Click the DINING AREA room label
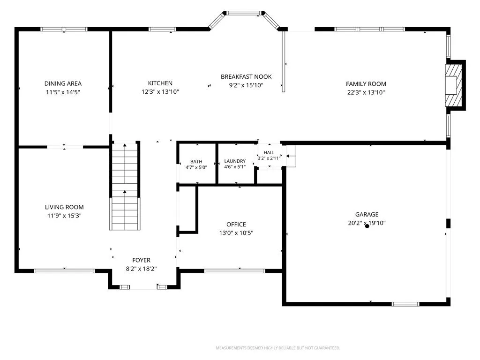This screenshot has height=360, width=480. pyautogui.click(x=63, y=83)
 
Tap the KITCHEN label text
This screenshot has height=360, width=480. pyautogui.click(x=160, y=83)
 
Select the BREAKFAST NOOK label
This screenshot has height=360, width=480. pyautogui.click(x=246, y=76)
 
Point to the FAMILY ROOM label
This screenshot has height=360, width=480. pyautogui.click(x=366, y=83)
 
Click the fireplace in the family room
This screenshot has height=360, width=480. pyautogui.click(x=455, y=85)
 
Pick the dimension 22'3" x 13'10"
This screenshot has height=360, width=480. pyautogui.click(x=366, y=92)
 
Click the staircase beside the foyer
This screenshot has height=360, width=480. pyautogui.click(x=125, y=186)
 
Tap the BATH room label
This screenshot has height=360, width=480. pyautogui.click(x=196, y=161)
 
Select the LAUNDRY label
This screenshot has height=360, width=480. pyautogui.click(x=235, y=161)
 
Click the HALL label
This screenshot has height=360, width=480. pyautogui.click(x=269, y=152)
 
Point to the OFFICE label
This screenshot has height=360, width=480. pyautogui.click(x=236, y=224)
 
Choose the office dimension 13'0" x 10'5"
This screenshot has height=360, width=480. pyautogui.click(x=236, y=232)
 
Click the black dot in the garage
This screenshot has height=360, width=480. pyautogui.click(x=367, y=226)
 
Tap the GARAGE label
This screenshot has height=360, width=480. pyautogui.click(x=367, y=214)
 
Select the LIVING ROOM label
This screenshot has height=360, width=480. pyautogui.click(x=64, y=207)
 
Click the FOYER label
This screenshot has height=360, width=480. pyautogui.click(x=141, y=260)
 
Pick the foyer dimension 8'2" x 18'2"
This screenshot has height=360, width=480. pyautogui.click(x=141, y=269)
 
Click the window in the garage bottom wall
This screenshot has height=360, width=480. pyautogui.click(x=405, y=304)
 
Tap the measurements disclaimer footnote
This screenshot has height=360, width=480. pyautogui.click(x=278, y=348)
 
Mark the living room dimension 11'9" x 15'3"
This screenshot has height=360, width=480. pyautogui.click(x=64, y=216)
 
